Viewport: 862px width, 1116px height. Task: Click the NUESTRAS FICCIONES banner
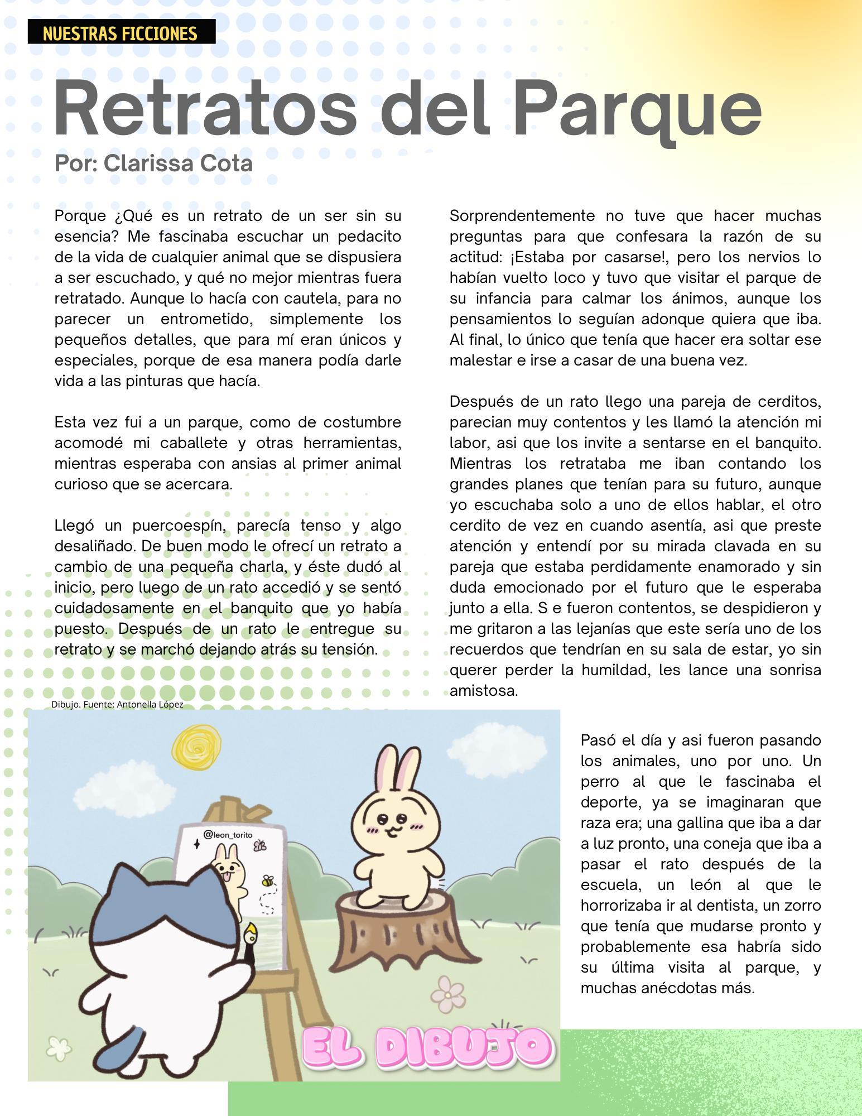coord(121,33)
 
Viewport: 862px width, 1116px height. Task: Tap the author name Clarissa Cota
coord(178,163)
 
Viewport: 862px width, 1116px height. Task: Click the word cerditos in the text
coord(789,402)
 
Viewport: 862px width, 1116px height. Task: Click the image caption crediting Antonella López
coord(117,704)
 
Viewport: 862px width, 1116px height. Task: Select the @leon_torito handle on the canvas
coord(228,835)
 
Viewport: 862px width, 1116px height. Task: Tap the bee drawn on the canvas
coord(268,881)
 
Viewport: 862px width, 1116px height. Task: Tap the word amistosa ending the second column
coord(483,691)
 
